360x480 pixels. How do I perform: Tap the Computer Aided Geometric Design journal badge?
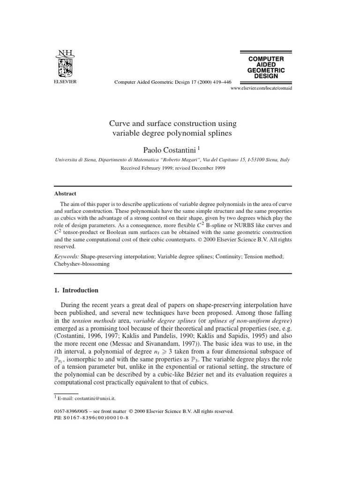pos(266,67)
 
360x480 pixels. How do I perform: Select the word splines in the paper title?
pos(218,133)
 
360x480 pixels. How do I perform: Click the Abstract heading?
pos(65,194)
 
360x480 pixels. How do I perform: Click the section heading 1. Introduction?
pos(76,290)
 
